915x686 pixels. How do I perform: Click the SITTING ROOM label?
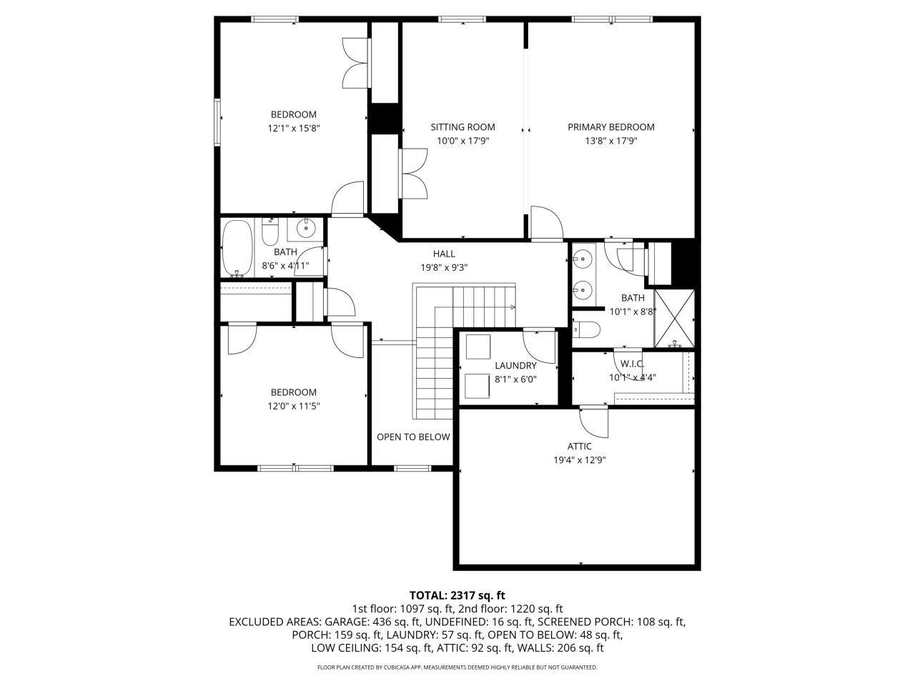[463, 127]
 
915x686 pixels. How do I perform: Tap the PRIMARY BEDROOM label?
[611, 127]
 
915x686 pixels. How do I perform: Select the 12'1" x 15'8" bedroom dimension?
[293, 129]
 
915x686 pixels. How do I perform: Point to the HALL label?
[444, 254]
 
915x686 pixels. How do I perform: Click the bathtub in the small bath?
[237, 249]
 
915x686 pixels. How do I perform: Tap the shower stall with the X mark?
[675, 317]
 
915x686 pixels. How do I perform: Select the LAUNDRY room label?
[515, 366]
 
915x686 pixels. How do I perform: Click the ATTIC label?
[580, 447]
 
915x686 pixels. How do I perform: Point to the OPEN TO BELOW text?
[413, 437]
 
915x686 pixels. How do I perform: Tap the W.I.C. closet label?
[633, 364]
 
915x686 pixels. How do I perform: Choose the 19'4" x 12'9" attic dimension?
[580, 460]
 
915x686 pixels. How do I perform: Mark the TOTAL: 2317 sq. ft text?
[457, 595]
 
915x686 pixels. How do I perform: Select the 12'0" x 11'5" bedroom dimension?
[293, 406]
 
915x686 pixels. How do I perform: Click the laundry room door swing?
[540, 346]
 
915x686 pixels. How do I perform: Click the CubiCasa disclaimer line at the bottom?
[457, 667]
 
